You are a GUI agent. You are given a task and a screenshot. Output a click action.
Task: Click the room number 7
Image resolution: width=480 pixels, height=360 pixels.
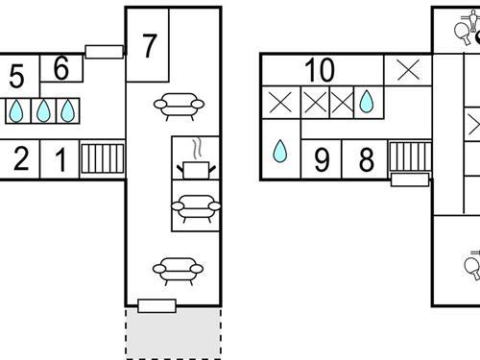pyautogui.click(x=150, y=46)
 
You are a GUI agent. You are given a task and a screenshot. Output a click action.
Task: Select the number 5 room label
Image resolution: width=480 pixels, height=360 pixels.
pyautogui.click(x=17, y=76)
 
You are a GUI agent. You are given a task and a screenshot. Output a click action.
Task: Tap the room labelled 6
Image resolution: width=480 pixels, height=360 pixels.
pyautogui.click(x=61, y=68)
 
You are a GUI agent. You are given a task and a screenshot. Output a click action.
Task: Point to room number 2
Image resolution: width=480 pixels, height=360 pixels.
pyautogui.click(x=21, y=158)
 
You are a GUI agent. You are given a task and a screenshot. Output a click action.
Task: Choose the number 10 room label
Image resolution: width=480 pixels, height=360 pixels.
pyautogui.click(x=320, y=70)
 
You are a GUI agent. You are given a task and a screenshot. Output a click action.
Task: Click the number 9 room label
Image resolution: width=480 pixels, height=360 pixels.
pyautogui.click(x=322, y=160)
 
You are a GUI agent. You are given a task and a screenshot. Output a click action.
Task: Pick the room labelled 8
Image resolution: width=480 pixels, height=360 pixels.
pyautogui.click(x=367, y=159)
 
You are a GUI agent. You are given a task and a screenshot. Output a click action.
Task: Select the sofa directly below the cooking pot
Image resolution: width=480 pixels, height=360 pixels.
pyautogui.click(x=196, y=208)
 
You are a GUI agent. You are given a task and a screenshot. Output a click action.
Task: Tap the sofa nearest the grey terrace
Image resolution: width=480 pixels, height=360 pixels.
pyautogui.click(x=178, y=271)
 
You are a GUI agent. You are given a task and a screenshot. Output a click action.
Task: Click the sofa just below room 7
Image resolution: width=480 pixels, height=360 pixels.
pyautogui.click(x=179, y=107)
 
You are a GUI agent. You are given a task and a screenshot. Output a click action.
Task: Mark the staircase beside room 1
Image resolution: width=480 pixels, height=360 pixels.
pyautogui.click(x=103, y=158)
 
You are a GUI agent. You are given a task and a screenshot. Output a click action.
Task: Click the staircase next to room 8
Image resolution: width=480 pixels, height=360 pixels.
pyautogui.click(x=410, y=156)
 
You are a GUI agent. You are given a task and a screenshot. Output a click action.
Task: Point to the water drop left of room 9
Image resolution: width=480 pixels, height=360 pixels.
pyautogui.click(x=280, y=151)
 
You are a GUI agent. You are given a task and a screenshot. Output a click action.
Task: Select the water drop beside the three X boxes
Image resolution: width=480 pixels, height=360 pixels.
pyautogui.click(x=367, y=102)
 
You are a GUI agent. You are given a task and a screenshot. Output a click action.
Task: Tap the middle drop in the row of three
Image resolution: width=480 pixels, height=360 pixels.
pyautogui.click(x=43, y=110)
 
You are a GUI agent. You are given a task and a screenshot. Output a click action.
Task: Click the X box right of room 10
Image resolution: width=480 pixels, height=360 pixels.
pyautogui.click(x=408, y=70)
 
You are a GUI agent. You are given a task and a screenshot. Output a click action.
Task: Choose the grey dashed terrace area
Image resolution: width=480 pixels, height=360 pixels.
pyautogui.click(x=173, y=333)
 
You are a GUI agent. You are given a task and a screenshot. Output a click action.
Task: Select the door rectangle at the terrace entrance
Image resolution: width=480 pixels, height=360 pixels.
pyautogui.click(x=156, y=306)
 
